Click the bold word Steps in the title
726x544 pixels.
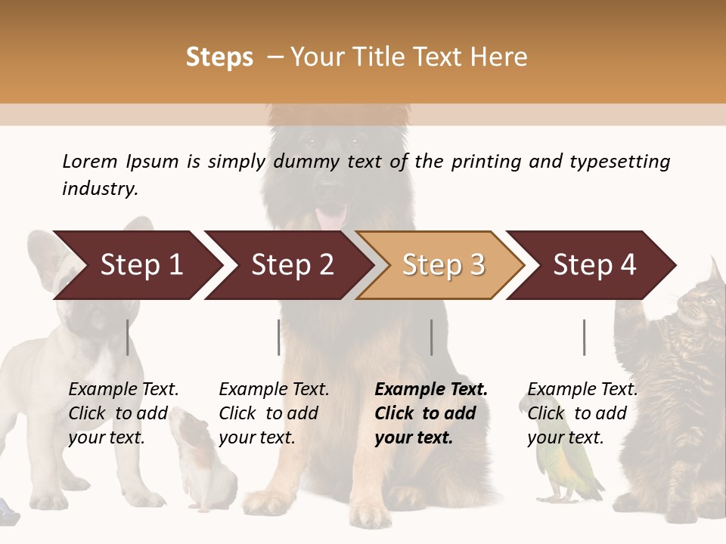click(x=219, y=57)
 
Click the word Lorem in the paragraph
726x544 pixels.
click(x=90, y=161)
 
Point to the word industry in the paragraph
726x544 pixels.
click(x=99, y=189)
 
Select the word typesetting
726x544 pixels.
click(x=619, y=161)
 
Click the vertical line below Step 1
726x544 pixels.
click(x=128, y=337)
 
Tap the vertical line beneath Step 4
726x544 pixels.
click(x=585, y=337)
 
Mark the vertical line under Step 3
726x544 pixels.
click(x=432, y=337)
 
